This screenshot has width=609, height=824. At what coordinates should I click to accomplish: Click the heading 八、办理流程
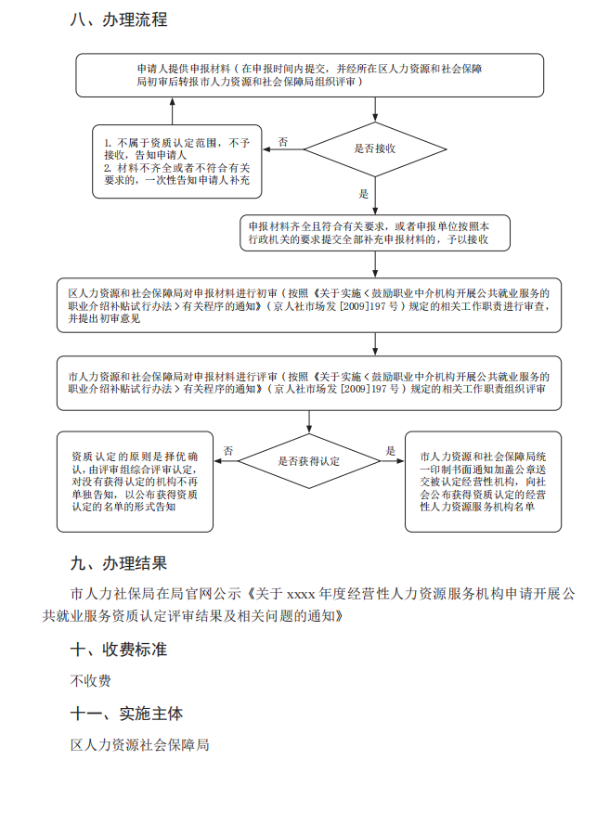(x=119, y=19)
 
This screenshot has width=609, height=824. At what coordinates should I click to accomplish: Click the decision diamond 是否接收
(x=376, y=148)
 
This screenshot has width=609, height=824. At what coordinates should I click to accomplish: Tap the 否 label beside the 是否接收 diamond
(x=283, y=142)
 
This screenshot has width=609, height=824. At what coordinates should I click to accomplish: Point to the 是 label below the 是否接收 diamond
(x=364, y=195)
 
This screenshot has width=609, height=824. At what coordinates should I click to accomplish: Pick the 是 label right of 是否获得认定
(x=391, y=451)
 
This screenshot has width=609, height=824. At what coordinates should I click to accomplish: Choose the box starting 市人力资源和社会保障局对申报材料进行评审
(x=309, y=383)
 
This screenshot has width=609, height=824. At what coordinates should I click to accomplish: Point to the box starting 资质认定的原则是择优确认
(x=135, y=482)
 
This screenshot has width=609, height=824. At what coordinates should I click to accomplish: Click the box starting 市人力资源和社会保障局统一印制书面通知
(x=483, y=482)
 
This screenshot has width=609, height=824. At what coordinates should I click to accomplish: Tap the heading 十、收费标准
(x=119, y=650)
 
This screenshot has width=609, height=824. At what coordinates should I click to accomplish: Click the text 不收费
(x=91, y=681)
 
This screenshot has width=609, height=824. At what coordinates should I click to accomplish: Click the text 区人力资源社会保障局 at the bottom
(x=140, y=744)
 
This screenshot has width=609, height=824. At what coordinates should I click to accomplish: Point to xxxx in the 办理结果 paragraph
(x=302, y=592)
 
